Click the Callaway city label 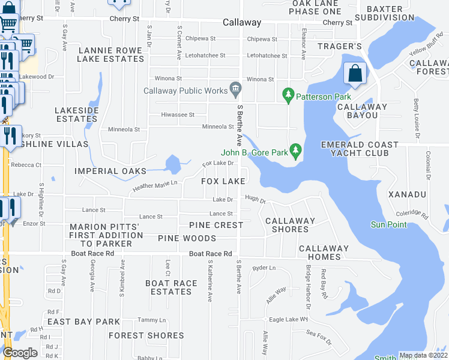tap(242, 22)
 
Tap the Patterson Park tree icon tap(289, 95)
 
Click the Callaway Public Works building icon tap(235, 91)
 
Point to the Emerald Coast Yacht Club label tap(360, 149)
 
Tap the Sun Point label tap(388, 225)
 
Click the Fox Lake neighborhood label tap(223, 181)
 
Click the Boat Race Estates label tap(172, 287)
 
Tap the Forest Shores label tap(146, 335)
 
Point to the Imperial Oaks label tap(110, 171)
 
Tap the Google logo tap(20, 353)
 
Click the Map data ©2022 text tap(423, 355)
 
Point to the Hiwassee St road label tap(178, 115)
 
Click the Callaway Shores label tap(290, 225)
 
